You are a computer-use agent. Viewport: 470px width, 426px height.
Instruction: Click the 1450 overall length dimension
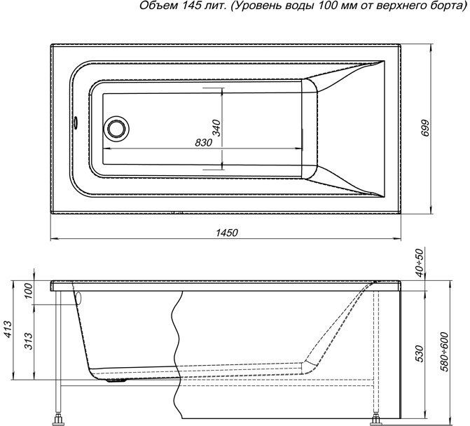(x=227, y=233)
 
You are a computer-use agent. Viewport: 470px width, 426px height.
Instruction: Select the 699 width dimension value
(x=425, y=129)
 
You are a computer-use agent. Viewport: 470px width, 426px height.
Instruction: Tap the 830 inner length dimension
(x=204, y=143)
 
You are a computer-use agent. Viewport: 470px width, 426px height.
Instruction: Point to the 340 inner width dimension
(x=216, y=128)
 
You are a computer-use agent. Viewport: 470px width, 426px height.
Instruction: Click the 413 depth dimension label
(x=8, y=329)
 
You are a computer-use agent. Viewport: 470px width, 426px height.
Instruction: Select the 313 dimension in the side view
(x=29, y=341)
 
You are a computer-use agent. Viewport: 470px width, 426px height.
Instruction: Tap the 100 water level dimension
(x=28, y=291)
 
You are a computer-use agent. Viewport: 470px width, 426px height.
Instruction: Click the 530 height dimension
(x=420, y=354)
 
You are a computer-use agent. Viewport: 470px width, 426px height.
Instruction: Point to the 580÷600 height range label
(x=444, y=352)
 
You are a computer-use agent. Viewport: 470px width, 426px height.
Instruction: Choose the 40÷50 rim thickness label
(x=420, y=263)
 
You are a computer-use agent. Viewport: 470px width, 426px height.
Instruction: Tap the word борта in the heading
(x=447, y=6)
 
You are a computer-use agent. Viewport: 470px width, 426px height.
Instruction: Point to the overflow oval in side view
(x=79, y=298)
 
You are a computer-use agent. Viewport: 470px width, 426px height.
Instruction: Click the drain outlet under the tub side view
(x=116, y=380)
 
